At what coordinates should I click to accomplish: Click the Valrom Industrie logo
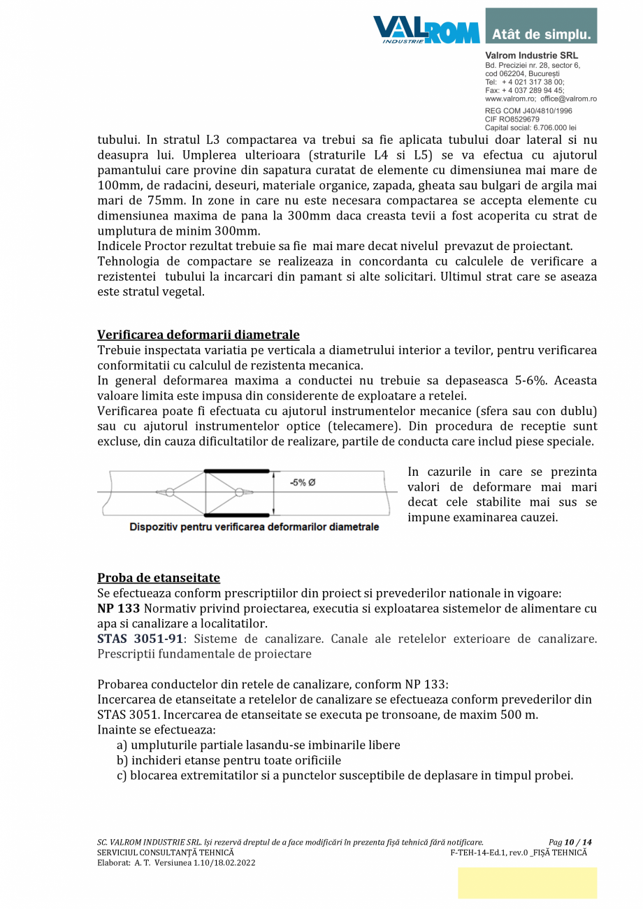click(426, 29)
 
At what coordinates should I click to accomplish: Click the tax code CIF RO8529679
click(512, 119)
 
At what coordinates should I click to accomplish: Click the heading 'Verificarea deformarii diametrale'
click(198, 335)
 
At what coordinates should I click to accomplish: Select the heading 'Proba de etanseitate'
click(159, 578)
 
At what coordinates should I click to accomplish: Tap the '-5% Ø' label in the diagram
click(302, 482)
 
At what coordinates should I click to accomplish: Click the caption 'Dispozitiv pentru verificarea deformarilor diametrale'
click(254, 527)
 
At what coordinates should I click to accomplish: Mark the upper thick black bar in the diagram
click(236, 471)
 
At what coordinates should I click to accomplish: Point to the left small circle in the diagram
click(169, 493)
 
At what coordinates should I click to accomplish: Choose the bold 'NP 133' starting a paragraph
click(118, 609)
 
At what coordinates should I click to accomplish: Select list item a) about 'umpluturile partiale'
click(258, 746)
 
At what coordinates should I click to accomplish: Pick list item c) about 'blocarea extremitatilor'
click(345, 776)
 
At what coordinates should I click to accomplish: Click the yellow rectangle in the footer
click(527, 882)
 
